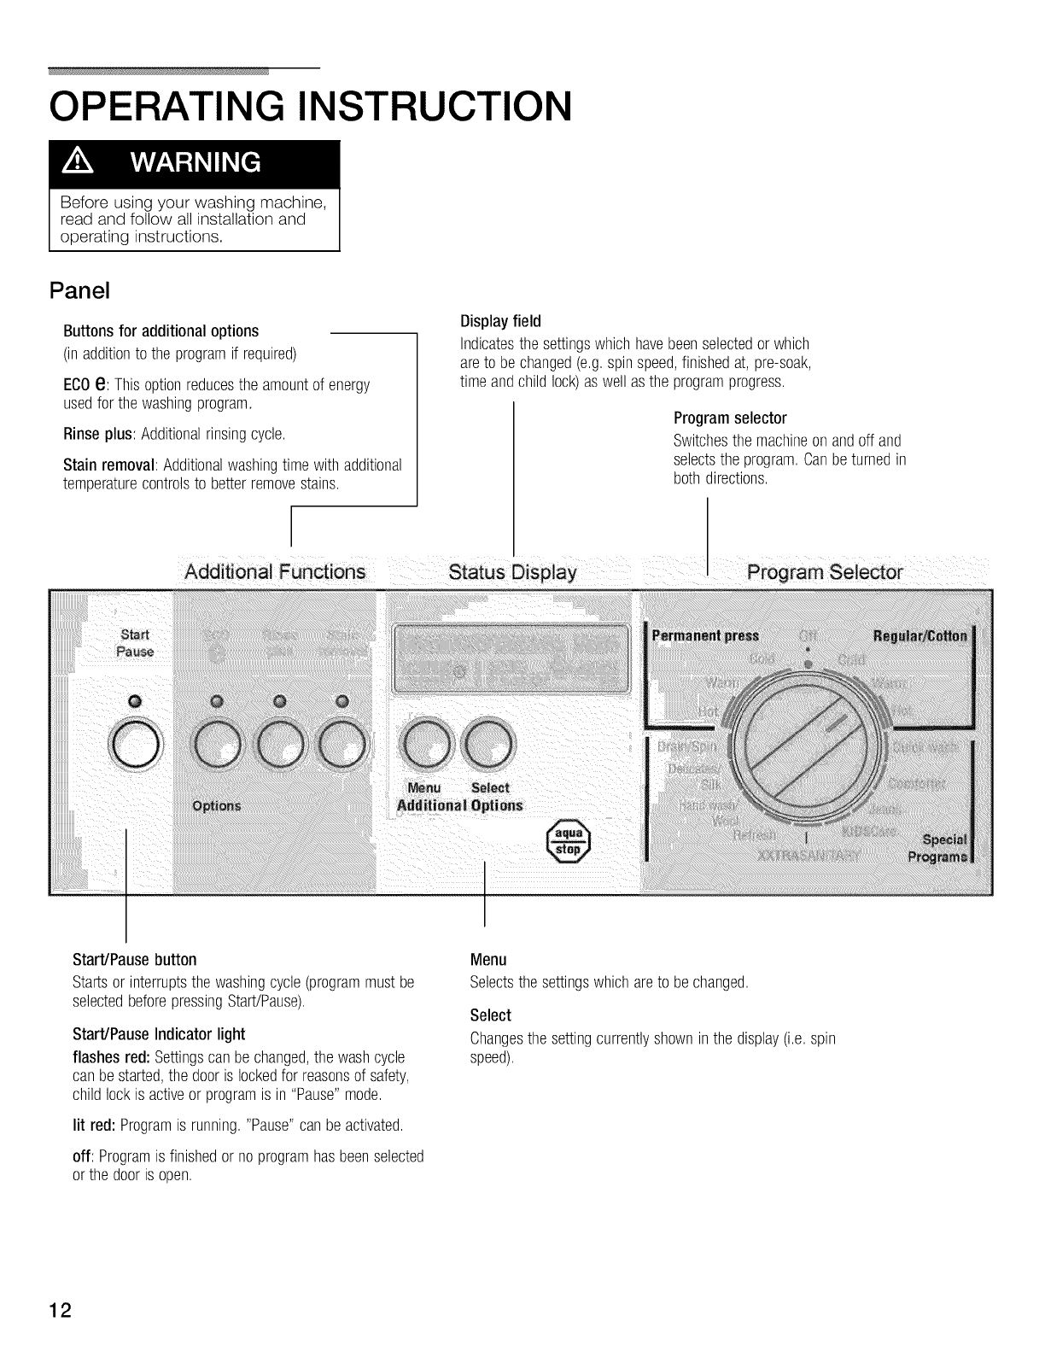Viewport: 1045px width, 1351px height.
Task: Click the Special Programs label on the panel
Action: [942, 847]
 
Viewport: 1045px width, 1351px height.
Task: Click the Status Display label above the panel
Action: [513, 571]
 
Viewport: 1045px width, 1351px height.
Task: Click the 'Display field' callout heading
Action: [501, 321]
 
